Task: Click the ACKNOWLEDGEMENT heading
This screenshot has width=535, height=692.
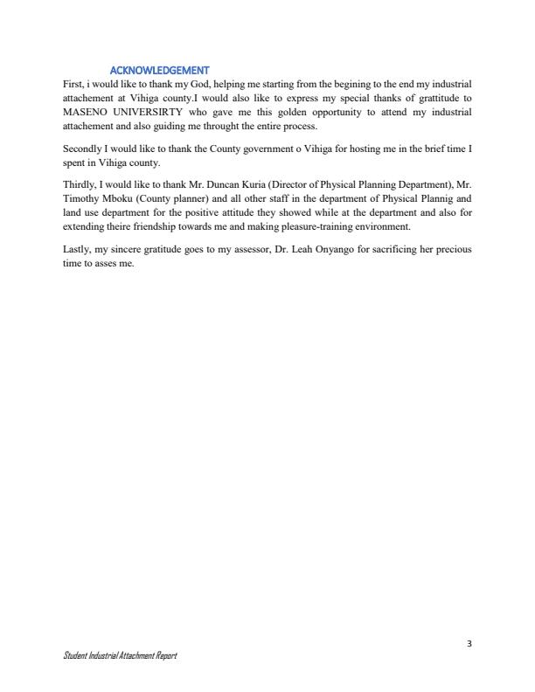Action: click(160, 70)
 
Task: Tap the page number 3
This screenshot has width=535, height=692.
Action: click(469, 644)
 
